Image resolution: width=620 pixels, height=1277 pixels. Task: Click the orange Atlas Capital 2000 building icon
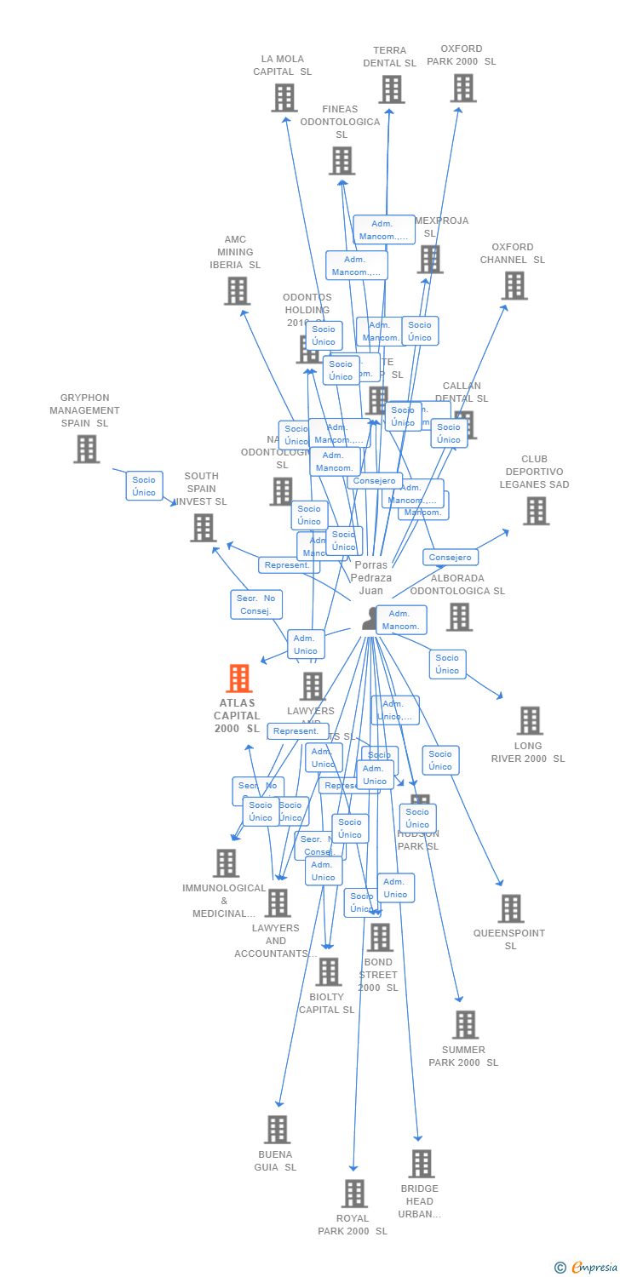239,679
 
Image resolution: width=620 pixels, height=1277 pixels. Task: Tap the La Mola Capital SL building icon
284,98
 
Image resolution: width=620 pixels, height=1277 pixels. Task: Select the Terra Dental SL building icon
392,89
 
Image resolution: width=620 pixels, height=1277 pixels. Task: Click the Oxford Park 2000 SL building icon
463,88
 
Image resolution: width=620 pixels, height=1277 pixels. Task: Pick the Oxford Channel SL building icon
514,286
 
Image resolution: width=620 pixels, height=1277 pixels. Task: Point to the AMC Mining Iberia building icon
237,291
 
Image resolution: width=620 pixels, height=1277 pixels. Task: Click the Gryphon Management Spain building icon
86,449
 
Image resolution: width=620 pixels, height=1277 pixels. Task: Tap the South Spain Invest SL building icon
203,528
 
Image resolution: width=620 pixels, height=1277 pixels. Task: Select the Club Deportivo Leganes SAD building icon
536,511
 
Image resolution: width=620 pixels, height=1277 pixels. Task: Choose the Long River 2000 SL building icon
530,720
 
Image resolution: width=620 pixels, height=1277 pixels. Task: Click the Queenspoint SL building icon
511,908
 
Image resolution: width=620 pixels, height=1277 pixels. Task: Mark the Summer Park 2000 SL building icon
465,1025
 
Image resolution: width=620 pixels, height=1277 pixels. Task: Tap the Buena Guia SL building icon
277,1130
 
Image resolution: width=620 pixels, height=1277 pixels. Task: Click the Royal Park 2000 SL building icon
355,1194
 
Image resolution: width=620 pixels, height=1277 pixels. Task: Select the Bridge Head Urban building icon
421,1164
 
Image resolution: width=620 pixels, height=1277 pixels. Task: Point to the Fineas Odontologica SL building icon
342,161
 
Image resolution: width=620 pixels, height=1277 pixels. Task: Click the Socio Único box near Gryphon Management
144,486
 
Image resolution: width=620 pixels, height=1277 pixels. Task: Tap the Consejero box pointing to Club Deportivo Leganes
450,558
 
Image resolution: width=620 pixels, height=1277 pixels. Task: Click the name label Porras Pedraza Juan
371,577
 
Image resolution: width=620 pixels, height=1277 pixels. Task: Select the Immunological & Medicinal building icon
226,863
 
